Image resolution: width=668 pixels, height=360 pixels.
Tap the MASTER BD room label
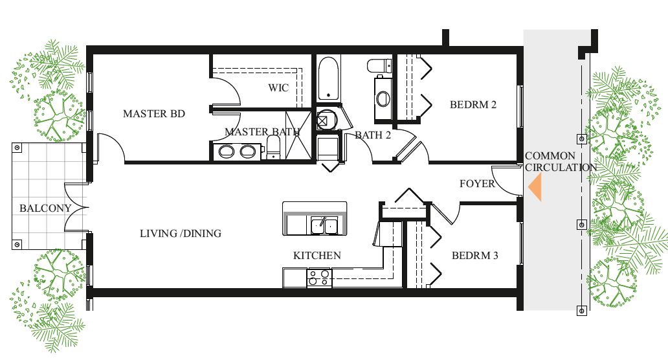[x=154, y=114]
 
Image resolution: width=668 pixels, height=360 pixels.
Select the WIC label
[x=278, y=88]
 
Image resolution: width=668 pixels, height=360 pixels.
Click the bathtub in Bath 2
[x=328, y=78]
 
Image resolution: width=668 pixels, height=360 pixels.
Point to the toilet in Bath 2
[x=379, y=66]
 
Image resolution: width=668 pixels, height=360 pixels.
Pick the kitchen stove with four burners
[x=319, y=278]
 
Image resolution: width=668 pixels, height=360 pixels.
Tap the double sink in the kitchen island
[x=324, y=225]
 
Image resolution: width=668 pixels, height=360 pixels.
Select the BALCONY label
[x=45, y=208]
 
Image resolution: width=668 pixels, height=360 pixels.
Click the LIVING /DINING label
[x=181, y=234]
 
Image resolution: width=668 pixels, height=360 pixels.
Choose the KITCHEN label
[x=317, y=256]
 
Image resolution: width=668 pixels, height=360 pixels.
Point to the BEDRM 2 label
[x=473, y=105]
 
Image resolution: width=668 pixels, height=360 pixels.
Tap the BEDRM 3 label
[x=475, y=256]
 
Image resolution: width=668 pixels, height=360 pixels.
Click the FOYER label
[x=477, y=184]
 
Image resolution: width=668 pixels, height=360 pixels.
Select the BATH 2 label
[x=373, y=135]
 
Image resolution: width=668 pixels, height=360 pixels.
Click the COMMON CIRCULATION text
[x=561, y=162]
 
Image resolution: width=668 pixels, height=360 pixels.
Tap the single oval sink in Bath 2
[x=383, y=98]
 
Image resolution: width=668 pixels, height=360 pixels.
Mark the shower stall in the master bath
[x=298, y=135]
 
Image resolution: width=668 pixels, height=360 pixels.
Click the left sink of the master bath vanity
[x=226, y=152]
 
